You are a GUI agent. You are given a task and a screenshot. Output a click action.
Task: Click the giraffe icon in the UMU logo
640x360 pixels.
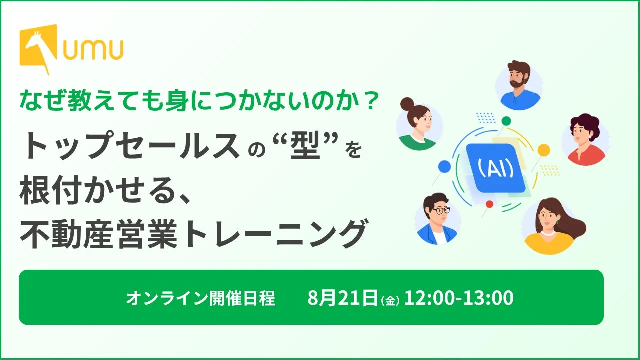point(39,47)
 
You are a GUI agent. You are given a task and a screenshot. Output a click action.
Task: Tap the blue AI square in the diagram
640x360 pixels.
point(496,168)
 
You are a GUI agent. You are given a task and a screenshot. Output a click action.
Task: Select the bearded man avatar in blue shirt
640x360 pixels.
point(519,85)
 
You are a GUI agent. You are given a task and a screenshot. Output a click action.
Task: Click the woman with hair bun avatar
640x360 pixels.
point(419,124)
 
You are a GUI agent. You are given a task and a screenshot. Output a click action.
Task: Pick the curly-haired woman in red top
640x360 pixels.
point(585,140)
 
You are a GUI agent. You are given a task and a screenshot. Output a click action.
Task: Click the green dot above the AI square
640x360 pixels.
point(506,121)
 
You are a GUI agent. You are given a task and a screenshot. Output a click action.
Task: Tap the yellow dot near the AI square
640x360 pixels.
point(543,150)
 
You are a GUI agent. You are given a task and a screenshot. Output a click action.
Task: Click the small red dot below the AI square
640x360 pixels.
point(489,204)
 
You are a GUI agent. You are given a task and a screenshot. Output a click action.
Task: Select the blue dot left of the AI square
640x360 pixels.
point(444,166)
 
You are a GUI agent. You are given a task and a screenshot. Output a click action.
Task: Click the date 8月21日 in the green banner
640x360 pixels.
point(343,297)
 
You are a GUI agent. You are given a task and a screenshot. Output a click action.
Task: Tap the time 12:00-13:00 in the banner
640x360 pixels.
point(459,297)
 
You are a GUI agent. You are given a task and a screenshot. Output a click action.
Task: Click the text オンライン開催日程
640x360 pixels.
point(201,298)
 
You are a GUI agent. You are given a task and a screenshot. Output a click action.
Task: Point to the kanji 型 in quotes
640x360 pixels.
point(305,146)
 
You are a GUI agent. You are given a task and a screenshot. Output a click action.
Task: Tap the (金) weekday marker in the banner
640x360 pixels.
point(390,301)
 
